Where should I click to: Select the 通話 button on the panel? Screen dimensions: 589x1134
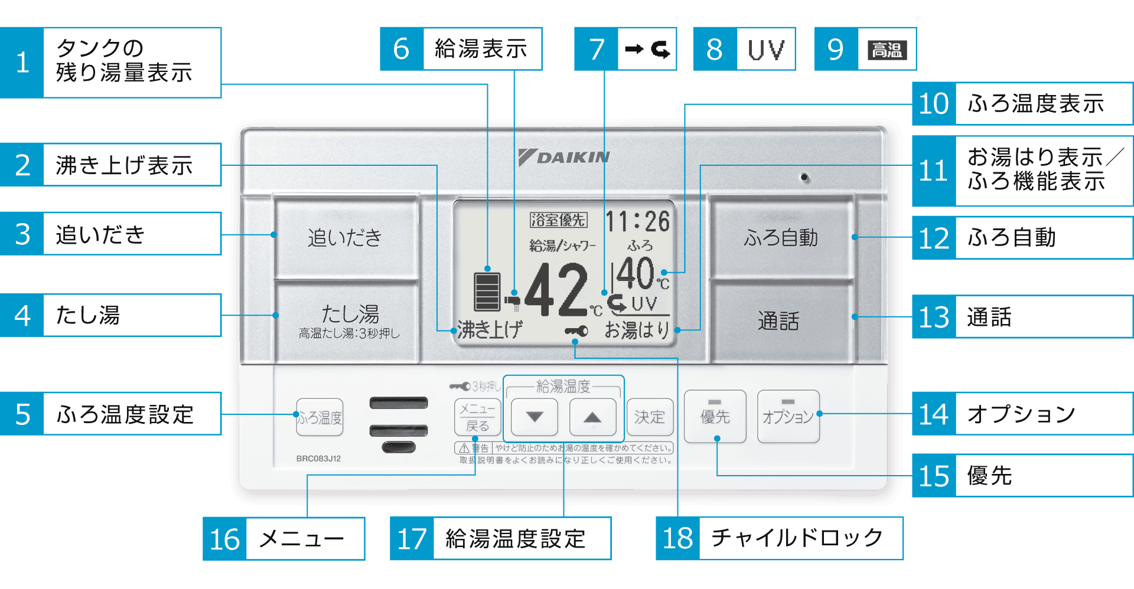tap(780, 320)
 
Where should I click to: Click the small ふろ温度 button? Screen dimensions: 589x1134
tap(320, 417)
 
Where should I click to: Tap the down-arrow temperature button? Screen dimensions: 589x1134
tap(535, 417)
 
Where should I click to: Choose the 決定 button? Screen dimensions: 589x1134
tap(650, 417)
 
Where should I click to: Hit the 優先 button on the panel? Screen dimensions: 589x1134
tap(715, 416)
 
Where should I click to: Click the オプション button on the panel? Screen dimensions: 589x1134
tap(788, 416)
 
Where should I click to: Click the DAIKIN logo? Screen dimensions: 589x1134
tap(564, 157)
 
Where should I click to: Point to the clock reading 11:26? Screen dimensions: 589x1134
tap(638, 222)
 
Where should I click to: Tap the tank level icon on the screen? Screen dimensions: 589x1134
tap(487, 291)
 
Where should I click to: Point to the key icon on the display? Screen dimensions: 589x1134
tap(576, 331)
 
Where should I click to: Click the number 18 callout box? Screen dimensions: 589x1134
tap(677, 538)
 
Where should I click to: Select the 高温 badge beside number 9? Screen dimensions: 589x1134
tap(887, 50)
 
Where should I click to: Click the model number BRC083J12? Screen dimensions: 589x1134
tap(318, 459)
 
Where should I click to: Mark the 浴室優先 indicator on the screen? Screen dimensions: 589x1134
tap(558, 220)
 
